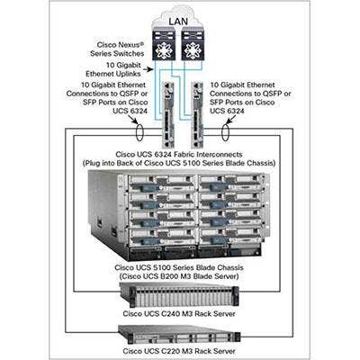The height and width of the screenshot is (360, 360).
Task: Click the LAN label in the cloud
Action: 178,22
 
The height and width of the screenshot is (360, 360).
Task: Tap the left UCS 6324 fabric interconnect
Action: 168,114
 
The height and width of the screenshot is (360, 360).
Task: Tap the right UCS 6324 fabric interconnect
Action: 198,114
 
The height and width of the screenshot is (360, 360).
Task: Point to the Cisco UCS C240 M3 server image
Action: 179,295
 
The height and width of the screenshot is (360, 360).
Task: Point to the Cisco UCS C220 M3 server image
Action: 179,335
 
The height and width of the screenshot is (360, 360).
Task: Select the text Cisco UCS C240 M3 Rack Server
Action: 179,314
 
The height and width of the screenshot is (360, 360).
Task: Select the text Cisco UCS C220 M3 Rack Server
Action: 179,351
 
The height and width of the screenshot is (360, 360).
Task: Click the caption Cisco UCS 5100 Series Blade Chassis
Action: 179,267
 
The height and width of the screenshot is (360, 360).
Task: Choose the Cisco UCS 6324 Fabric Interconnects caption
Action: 179,155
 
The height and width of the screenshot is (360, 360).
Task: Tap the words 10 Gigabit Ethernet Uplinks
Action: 114,69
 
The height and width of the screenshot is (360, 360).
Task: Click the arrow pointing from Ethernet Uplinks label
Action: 148,69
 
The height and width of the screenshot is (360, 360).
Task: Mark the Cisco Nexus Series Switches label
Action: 117,49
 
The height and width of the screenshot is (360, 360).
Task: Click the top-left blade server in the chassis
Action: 162,183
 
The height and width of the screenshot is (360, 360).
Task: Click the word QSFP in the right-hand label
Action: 268,94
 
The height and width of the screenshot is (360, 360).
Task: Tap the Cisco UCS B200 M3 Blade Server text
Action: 179,276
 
